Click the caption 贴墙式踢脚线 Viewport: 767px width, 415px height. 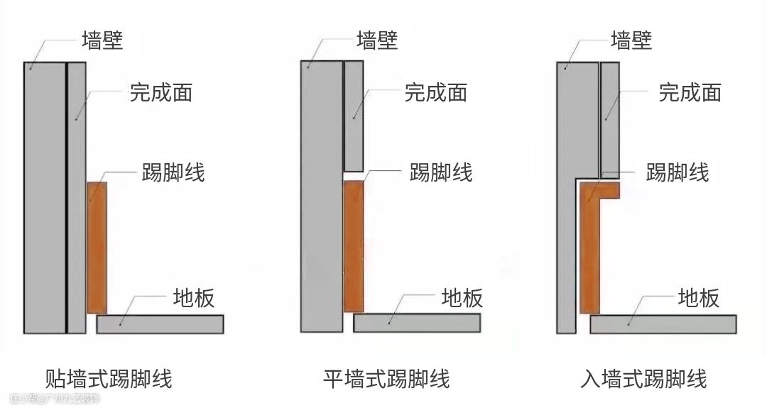pos(108,378)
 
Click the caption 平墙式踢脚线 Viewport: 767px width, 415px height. pos(386,378)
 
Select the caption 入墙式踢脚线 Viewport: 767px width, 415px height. pos(643,378)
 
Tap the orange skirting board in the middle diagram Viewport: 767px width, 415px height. pos(353,246)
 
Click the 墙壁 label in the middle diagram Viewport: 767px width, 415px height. pos(377,40)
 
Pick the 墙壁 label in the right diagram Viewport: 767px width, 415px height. pos(631,40)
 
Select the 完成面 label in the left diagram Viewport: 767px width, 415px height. pos(161,92)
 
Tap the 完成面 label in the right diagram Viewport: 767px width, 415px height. pos(690,92)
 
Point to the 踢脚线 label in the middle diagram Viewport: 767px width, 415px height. pos(441,172)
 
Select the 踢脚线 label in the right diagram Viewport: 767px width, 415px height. pos(677,172)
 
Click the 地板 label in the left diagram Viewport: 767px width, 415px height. pos(193,298)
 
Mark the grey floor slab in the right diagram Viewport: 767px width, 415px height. pos(663,324)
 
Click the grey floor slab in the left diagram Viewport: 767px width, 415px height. pos(160,324)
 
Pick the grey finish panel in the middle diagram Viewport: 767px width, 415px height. pos(353,116)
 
